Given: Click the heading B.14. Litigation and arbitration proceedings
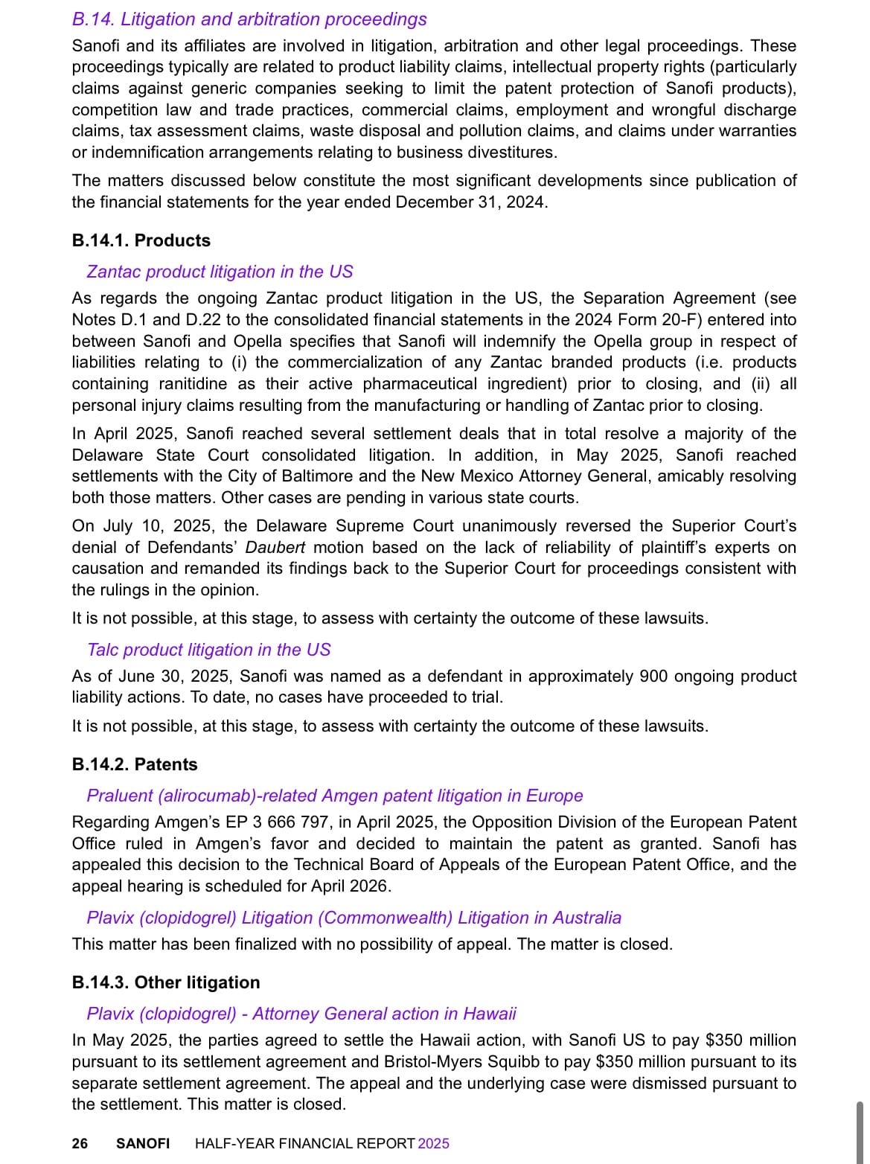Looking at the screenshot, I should pyautogui.click(x=249, y=19).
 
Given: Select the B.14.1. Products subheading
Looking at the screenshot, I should pyautogui.click(x=141, y=240).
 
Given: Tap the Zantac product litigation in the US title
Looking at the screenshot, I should pyautogui.click(x=220, y=272).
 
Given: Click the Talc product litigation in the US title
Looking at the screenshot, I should pyautogui.click(x=208, y=650).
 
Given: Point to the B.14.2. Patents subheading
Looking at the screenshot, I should pyautogui.click(x=135, y=764).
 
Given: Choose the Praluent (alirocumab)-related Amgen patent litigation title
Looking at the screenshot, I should pyautogui.click(x=334, y=796).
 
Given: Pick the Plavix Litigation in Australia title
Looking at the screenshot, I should pyautogui.click(x=354, y=918).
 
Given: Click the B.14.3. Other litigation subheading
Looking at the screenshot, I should pyautogui.click(x=166, y=982).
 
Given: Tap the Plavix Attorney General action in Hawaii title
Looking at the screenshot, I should pyautogui.click(x=301, y=1014).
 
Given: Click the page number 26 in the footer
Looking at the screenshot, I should pyautogui.click(x=80, y=1143).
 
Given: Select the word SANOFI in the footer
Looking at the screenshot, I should pyautogui.click(x=143, y=1143).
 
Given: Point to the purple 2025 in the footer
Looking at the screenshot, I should pyautogui.click(x=434, y=1143).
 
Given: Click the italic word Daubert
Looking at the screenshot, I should pyautogui.click(x=275, y=548).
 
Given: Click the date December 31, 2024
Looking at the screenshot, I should pyautogui.click(x=470, y=202).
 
